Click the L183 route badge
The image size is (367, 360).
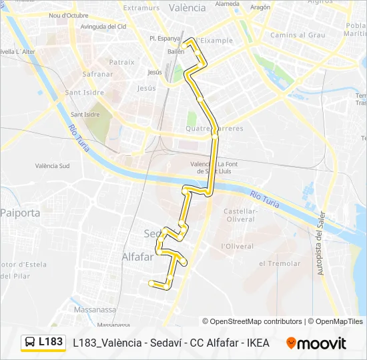[43, 342]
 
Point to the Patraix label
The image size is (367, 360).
[121, 62]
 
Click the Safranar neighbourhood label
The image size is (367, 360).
[97, 75]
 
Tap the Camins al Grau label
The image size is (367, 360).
[298, 35]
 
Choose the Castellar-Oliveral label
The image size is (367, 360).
[242, 215]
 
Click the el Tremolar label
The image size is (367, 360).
[280, 263]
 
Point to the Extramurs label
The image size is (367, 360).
[141, 8]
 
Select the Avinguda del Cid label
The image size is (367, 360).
[103, 27]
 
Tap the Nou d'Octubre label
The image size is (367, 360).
[69, 15]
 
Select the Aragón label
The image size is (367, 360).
[260, 7]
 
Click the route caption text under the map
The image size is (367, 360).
[171, 343]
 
